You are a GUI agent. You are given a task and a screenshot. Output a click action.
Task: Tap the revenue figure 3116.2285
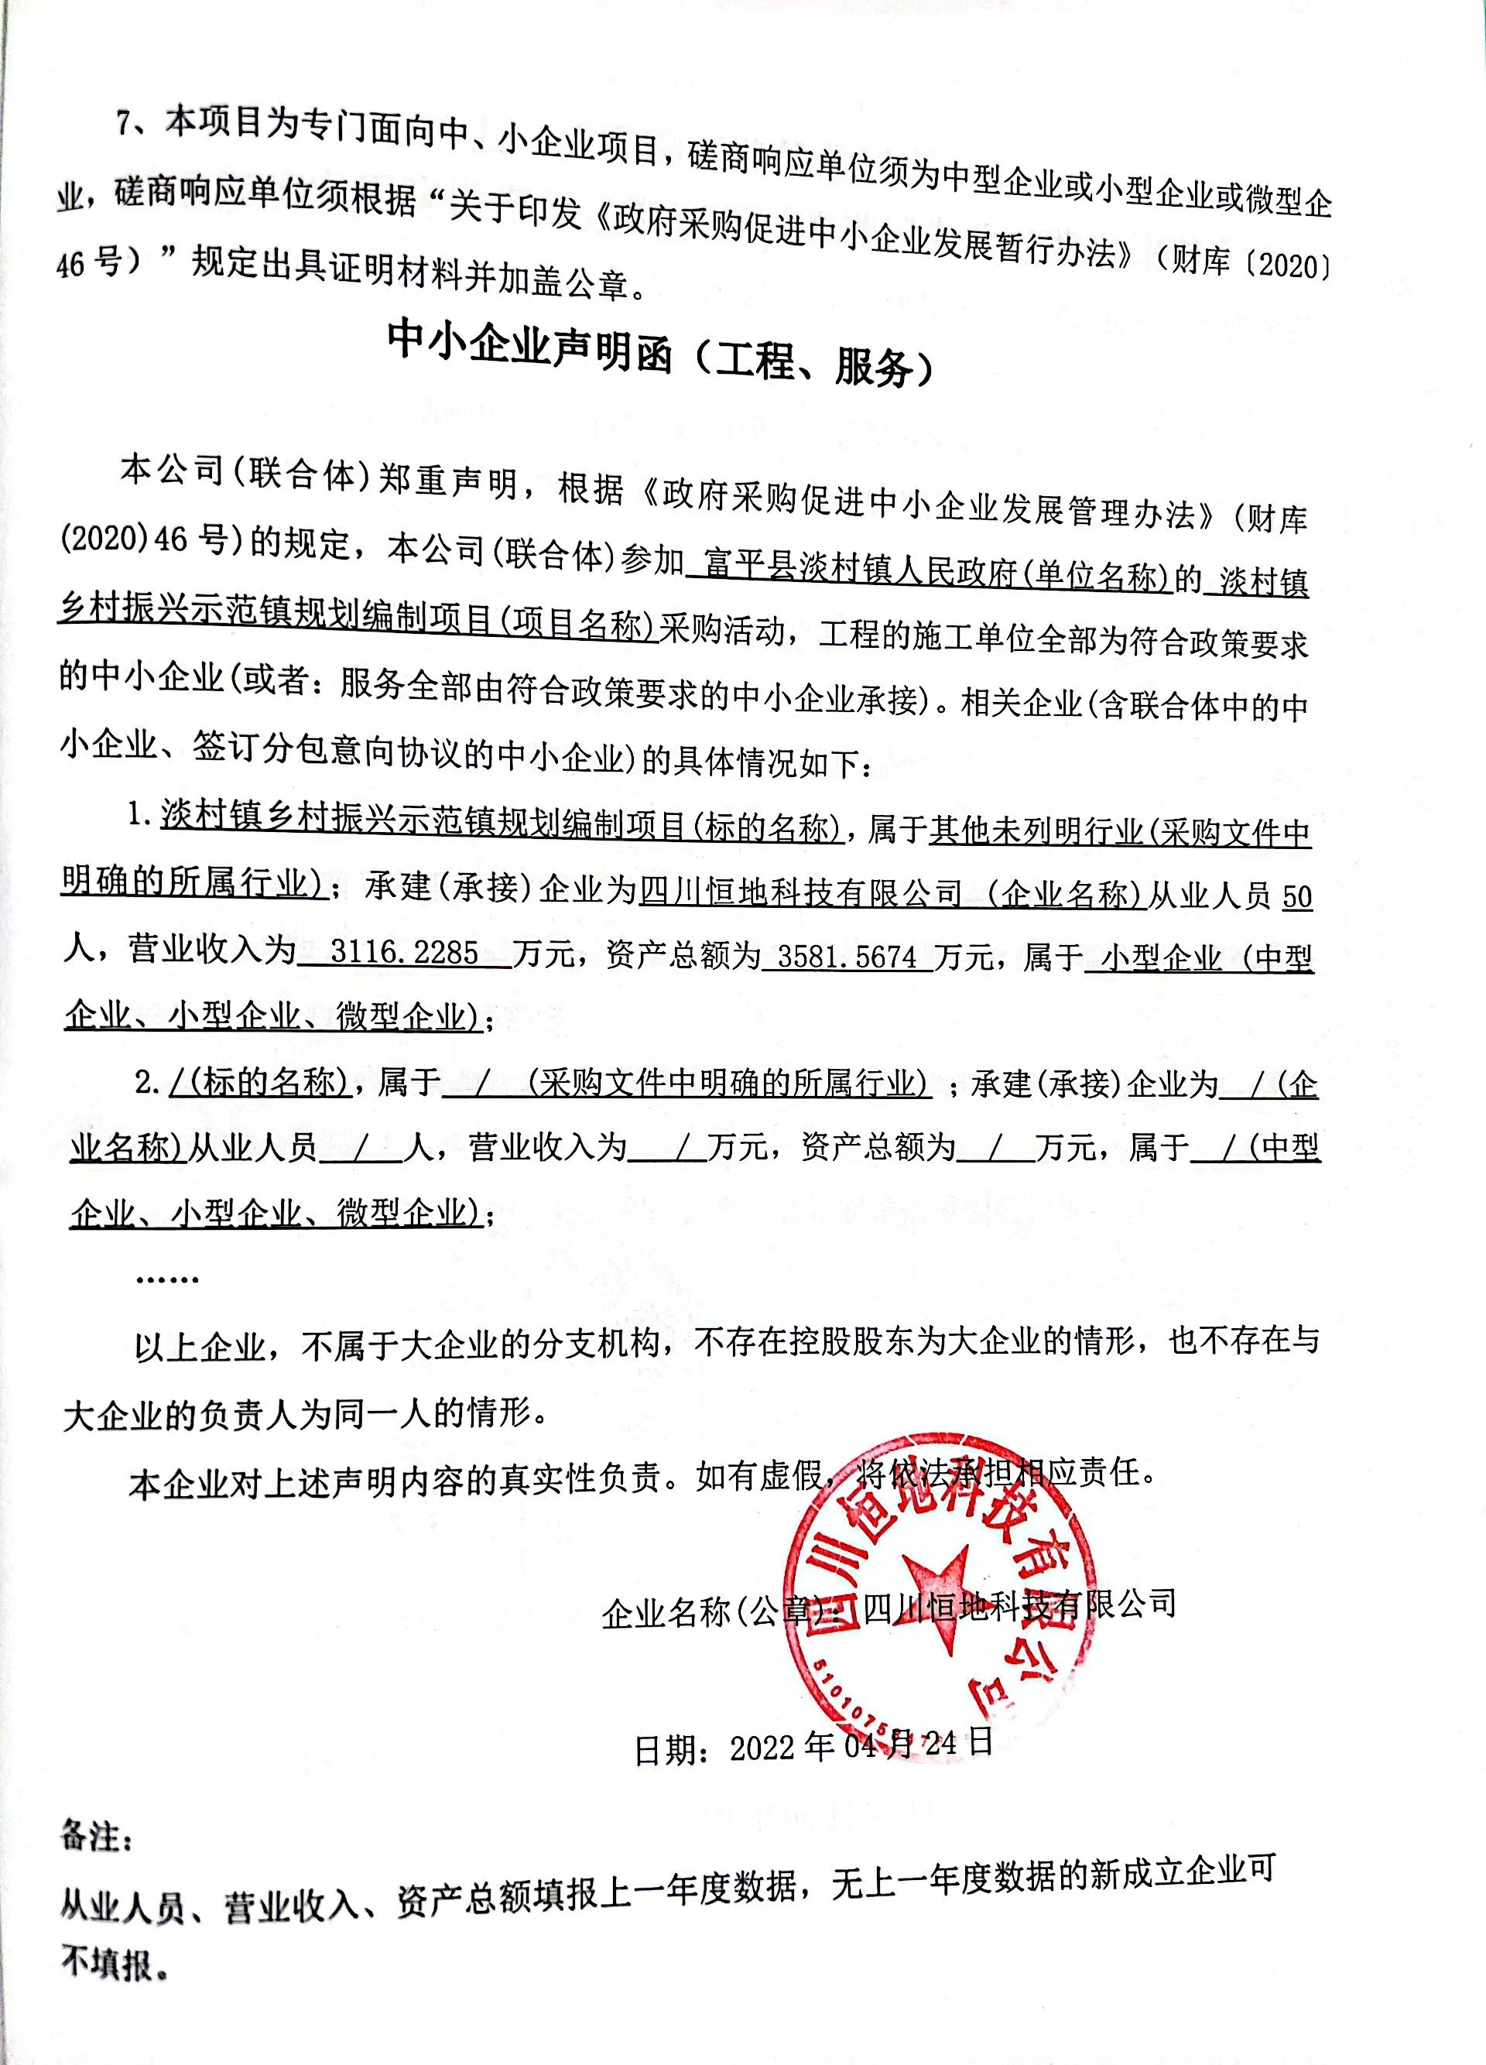coord(403,952)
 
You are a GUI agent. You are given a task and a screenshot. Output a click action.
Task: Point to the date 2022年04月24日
coord(861,1745)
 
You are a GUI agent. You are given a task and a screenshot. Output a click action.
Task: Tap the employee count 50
coord(1296,898)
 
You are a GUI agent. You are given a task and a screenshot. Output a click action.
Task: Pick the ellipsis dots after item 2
coord(166,1279)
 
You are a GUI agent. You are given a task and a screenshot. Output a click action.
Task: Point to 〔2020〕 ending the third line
coord(1289,265)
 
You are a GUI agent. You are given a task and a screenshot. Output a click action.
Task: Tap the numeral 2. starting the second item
coord(148,1083)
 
